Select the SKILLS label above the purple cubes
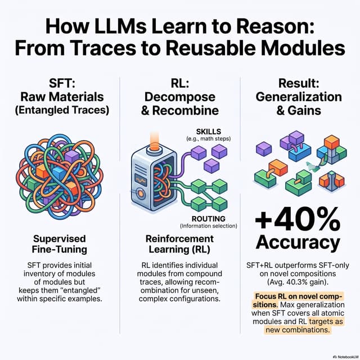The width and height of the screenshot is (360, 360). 209,132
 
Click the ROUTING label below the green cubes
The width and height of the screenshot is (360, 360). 209,219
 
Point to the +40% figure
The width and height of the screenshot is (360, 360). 298,220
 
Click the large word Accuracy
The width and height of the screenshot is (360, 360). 298,242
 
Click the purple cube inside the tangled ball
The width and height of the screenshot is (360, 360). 71,157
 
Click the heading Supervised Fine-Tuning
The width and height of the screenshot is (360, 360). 59,244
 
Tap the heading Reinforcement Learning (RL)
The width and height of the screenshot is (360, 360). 179,244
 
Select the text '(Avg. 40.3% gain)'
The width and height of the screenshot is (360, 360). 298,282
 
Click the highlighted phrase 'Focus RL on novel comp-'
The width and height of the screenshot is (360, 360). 299,296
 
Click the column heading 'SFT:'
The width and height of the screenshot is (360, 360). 62,83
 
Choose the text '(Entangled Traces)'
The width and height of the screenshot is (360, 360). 62,110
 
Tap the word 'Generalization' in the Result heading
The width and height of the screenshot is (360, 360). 299,97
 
